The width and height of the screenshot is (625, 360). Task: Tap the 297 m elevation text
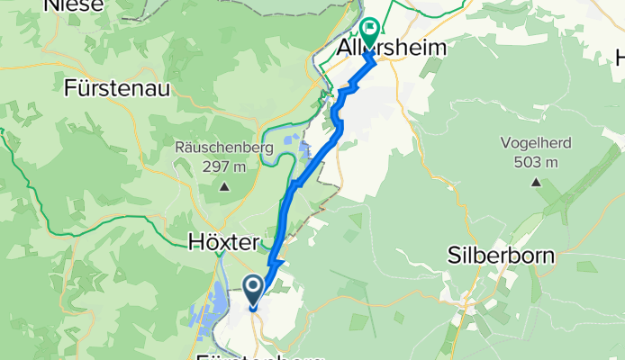[x=224, y=166]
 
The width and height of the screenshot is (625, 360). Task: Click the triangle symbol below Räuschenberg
[x=223, y=187]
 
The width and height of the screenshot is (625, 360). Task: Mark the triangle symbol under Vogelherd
[x=536, y=183]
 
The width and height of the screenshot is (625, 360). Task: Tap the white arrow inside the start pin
[x=253, y=288]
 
